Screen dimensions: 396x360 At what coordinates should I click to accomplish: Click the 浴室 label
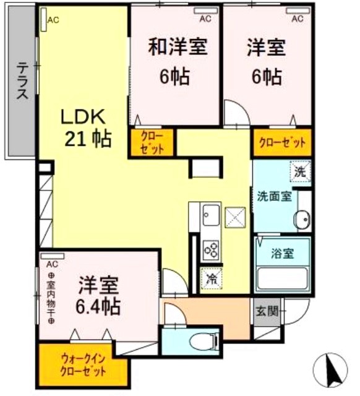coord(282,252)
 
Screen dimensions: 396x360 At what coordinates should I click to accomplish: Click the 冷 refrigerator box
coord(212,278)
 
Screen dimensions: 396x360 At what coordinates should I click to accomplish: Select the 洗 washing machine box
coord(299,173)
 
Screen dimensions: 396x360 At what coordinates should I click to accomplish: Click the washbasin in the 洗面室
coord(303,219)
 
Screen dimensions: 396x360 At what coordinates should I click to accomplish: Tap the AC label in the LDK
coord(53,20)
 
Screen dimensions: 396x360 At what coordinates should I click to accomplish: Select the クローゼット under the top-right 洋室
coord(281,143)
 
